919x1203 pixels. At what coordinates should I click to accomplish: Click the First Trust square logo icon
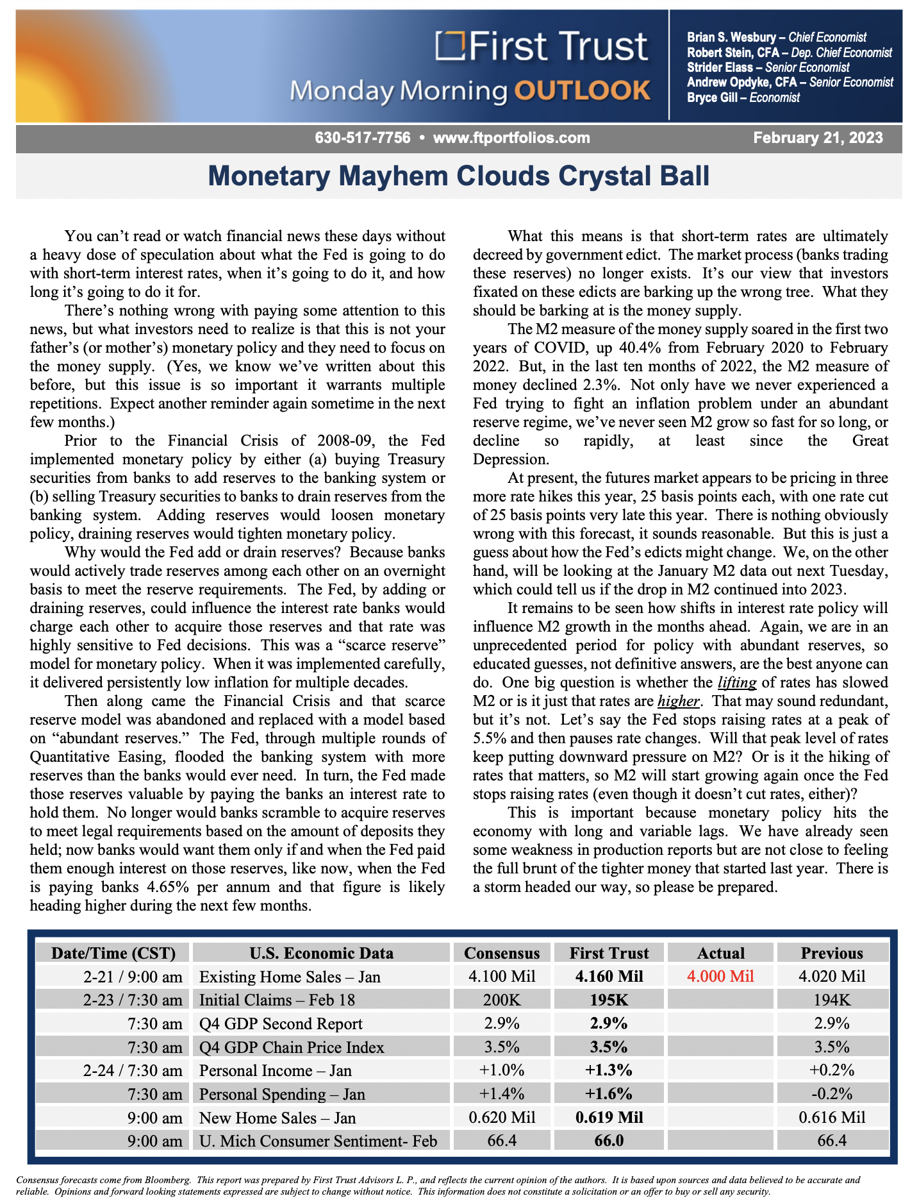451,46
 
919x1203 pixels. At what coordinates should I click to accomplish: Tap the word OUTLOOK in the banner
583,91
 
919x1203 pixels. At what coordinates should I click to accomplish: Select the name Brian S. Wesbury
731,38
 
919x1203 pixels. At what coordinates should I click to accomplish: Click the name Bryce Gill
712,98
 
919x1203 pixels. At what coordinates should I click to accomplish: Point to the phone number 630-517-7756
362,138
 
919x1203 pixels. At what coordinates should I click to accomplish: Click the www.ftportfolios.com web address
511,138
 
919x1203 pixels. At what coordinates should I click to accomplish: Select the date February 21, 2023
818,138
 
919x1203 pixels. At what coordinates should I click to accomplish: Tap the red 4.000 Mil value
720,977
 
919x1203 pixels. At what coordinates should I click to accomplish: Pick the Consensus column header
502,953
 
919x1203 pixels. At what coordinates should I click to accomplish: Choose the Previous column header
832,953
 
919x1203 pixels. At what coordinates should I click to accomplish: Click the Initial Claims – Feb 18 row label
277,1000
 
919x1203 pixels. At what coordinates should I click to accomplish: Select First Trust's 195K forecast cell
609,1000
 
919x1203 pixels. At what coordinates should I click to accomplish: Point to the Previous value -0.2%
832,1094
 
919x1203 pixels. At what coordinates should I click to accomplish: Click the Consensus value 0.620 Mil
502,1118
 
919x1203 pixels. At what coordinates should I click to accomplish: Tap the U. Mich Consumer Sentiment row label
318,1141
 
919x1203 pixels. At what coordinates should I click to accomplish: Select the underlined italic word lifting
737,682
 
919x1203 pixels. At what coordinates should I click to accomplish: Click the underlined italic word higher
678,701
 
